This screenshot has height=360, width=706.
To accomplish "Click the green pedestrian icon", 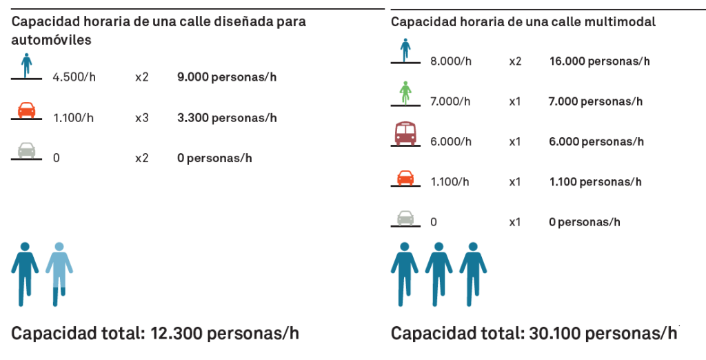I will [x=405, y=92].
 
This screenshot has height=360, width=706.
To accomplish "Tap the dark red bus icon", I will [x=405, y=133].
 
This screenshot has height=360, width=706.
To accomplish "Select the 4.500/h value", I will [x=74, y=77].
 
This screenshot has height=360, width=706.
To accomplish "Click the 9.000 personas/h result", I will [x=226, y=77].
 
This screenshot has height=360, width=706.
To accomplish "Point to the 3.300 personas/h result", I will [x=227, y=118].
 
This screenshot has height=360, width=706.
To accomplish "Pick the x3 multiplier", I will [x=142, y=118].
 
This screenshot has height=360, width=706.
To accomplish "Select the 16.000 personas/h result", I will [x=599, y=61].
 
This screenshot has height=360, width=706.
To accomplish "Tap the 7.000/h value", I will [x=450, y=101].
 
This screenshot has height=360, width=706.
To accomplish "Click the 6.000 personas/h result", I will [x=596, y=141].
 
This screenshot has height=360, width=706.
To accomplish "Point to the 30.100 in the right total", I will [x=556, y=333].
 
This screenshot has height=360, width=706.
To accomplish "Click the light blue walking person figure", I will [x=59, y=272].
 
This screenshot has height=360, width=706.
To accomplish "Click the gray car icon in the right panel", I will [x=405, y=217].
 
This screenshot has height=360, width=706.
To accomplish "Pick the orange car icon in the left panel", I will [x=26, y=110].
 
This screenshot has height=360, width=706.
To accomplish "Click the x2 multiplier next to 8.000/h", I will [x=516, y=61].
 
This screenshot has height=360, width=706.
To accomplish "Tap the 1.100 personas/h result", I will [x=595, y=182].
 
